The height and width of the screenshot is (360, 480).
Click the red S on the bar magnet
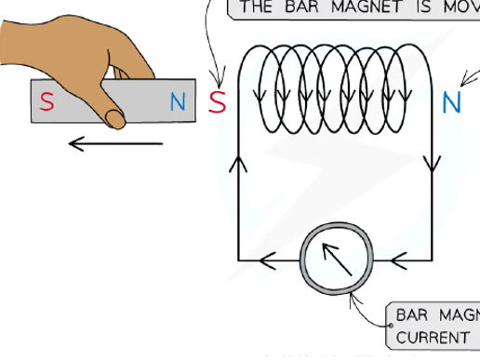pos(46,102)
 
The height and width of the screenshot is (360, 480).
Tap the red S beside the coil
pos(217,101)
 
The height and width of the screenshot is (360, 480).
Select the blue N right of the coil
pos(451,101)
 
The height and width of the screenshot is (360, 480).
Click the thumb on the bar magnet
pos(116,116)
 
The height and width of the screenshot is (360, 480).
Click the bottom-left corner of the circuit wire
pos(239,260)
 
